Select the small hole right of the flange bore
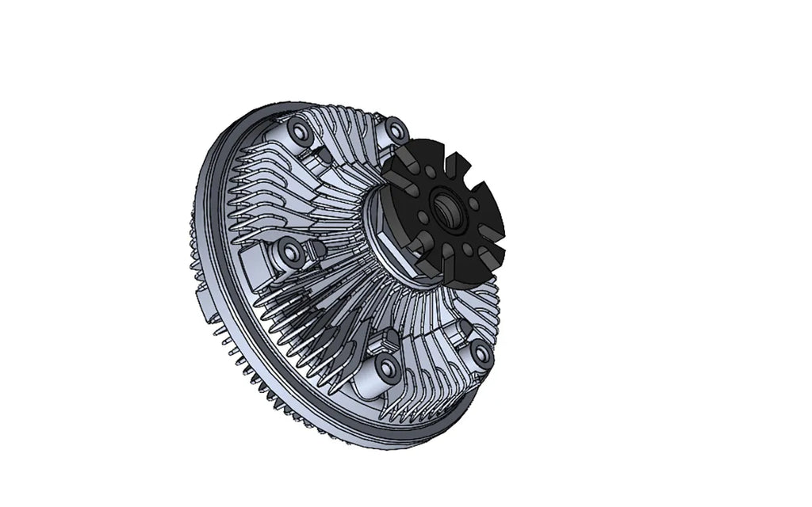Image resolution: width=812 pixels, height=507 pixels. click(474, 204)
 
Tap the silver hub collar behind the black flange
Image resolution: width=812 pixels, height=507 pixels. click(385, 238)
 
